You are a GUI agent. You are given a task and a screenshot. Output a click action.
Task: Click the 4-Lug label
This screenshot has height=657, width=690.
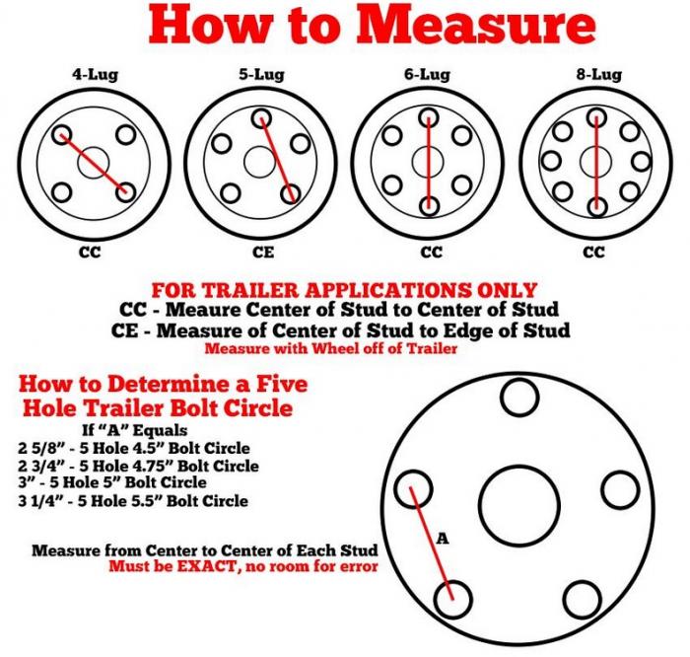click(x=92, y=74)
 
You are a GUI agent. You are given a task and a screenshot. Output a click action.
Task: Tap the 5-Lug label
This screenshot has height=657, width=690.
click(x=259, y=74)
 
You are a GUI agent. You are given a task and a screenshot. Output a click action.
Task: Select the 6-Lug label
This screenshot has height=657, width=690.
click(x=428, y=74)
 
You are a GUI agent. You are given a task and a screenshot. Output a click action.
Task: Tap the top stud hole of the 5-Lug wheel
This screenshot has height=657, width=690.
click(x=261, y=118)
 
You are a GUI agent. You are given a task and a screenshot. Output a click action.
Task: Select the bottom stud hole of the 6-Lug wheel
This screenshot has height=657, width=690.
click(x=429, y=205)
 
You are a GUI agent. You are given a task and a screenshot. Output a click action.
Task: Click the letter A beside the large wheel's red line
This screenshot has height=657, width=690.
click(x=443, y=539)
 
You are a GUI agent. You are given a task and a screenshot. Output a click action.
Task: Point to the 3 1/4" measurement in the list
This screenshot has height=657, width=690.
click(x=41, y=500)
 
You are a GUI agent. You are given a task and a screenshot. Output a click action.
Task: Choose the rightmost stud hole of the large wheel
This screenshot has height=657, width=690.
click(x=620, y=489)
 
